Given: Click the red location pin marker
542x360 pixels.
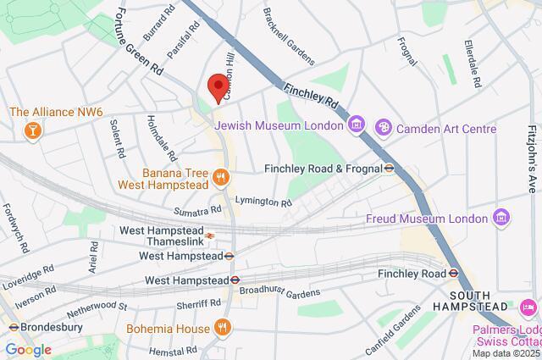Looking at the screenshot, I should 217,87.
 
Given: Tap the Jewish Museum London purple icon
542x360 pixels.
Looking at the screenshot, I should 357,125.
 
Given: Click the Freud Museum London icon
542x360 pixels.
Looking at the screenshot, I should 501,218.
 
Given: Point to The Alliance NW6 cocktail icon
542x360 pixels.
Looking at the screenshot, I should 31,129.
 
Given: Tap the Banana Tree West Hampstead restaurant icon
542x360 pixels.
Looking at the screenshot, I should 220,176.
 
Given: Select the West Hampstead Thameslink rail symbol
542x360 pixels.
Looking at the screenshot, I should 209,235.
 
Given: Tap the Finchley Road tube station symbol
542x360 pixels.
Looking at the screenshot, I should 454,273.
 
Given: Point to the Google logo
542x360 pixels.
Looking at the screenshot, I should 28,350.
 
